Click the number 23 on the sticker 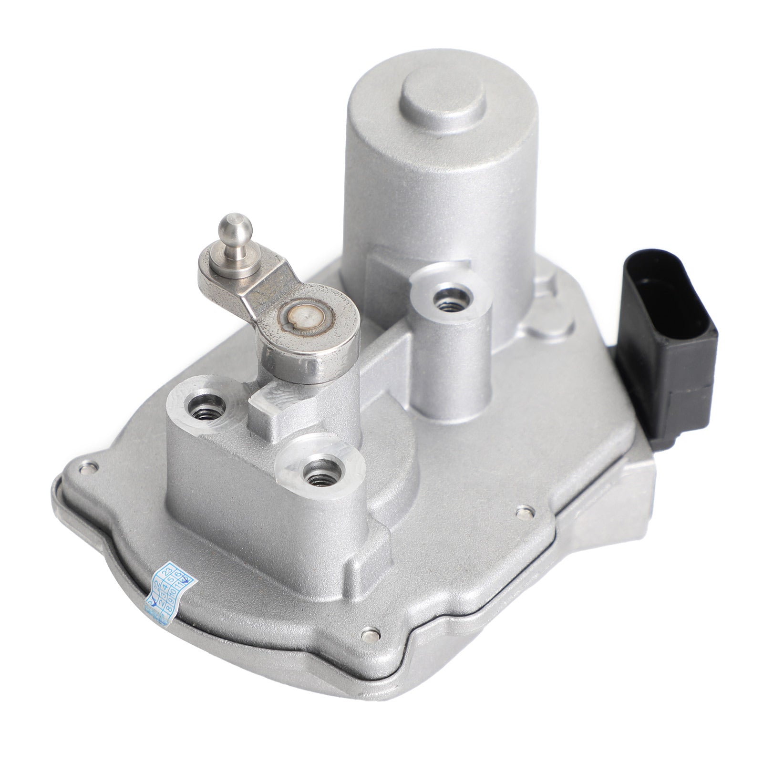point(167,573)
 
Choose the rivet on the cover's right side point(524,511)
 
